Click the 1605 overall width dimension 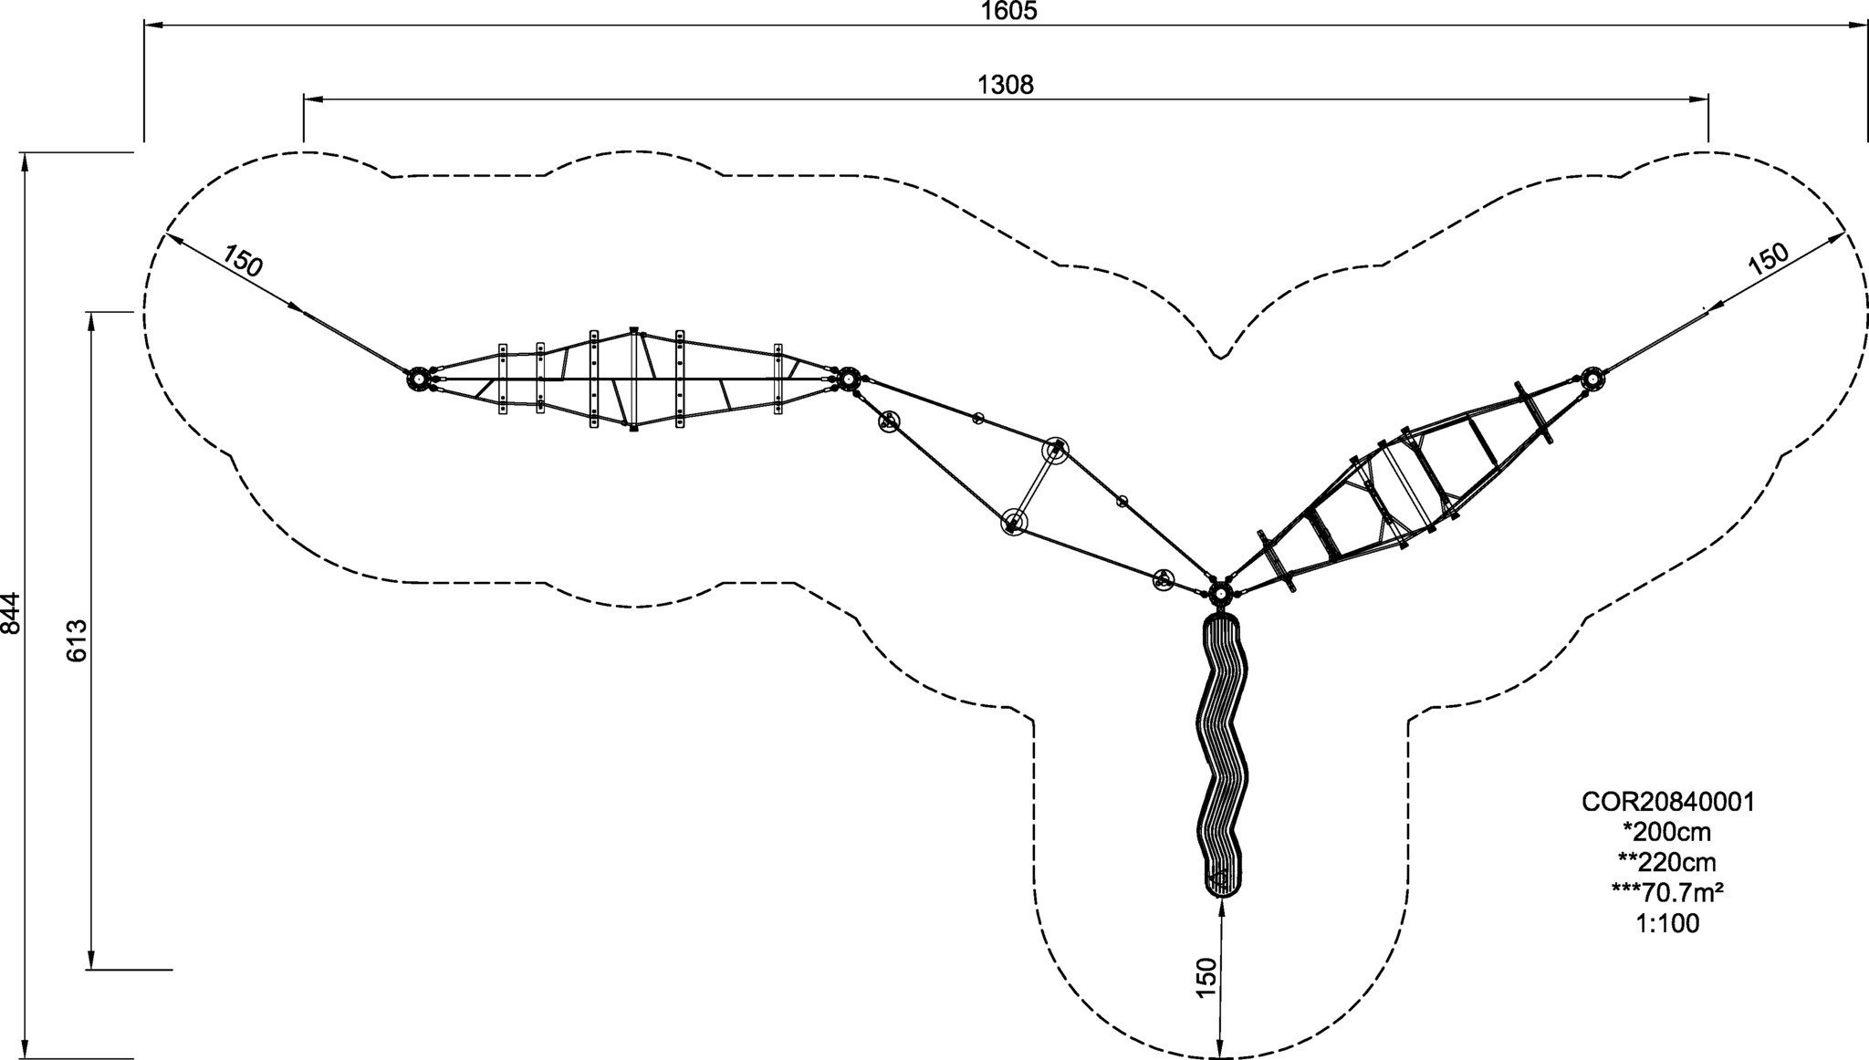coord(1009,11)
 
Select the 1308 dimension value coord(1006,85)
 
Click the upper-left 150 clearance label coord(243,261)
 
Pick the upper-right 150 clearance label coord(1769,260)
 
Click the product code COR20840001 coord(1668,802)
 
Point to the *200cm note coord(1666,832)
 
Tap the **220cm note coord(1666,862)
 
